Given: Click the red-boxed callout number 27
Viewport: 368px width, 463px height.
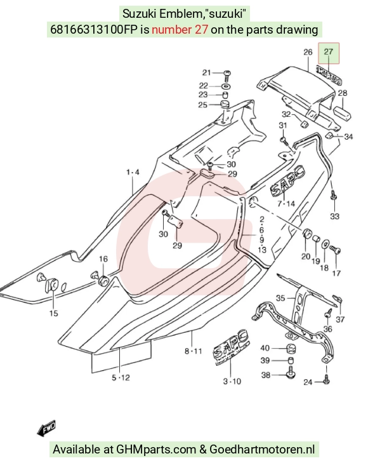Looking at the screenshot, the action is (328, 52).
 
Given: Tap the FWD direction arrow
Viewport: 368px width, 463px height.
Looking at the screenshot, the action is (46, 428).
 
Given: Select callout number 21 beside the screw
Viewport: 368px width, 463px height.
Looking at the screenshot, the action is (206, 72).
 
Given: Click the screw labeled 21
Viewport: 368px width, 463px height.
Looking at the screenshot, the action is (227, 76).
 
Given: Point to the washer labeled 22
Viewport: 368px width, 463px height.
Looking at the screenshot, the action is (226, 86).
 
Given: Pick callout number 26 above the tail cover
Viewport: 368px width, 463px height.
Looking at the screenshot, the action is (308, 52).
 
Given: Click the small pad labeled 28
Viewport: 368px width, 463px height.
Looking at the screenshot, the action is (343, 113).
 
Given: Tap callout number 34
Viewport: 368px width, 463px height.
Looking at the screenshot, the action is (348, 137).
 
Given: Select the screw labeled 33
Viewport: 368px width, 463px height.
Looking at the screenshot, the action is (334, 195).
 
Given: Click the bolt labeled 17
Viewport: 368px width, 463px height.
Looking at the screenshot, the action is (335, 250).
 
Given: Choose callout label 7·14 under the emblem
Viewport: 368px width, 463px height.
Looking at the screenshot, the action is (286, 204).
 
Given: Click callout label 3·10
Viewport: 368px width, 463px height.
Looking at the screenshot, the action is (232, 382).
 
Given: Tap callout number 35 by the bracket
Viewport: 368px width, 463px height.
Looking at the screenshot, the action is (280, 298).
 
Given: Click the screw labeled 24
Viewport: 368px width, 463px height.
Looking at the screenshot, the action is (326, 379).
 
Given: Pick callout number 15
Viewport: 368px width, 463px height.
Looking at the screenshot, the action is (53, 313).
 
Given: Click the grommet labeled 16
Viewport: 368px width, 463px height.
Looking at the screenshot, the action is (103, 280).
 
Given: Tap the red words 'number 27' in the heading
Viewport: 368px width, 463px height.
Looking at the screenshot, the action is (180, 29).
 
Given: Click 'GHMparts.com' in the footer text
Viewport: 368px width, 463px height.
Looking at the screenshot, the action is (156, 450).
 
